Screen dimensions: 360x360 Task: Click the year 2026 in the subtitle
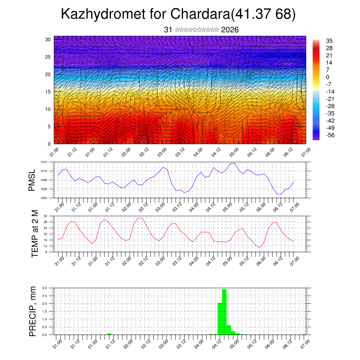click(x=230, y=30)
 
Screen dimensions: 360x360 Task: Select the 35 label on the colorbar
click(x=329, y=41)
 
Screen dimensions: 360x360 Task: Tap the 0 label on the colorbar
click(x=328, y=77)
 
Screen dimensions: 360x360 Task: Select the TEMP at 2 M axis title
click(x=34, y=233)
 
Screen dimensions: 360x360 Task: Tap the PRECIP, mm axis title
click(x=33, y=311)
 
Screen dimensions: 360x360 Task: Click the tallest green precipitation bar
click(x=224, y=311)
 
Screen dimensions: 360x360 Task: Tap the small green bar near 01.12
click(x=109, y=334)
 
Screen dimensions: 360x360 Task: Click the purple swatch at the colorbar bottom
click(x=316, y=138)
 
